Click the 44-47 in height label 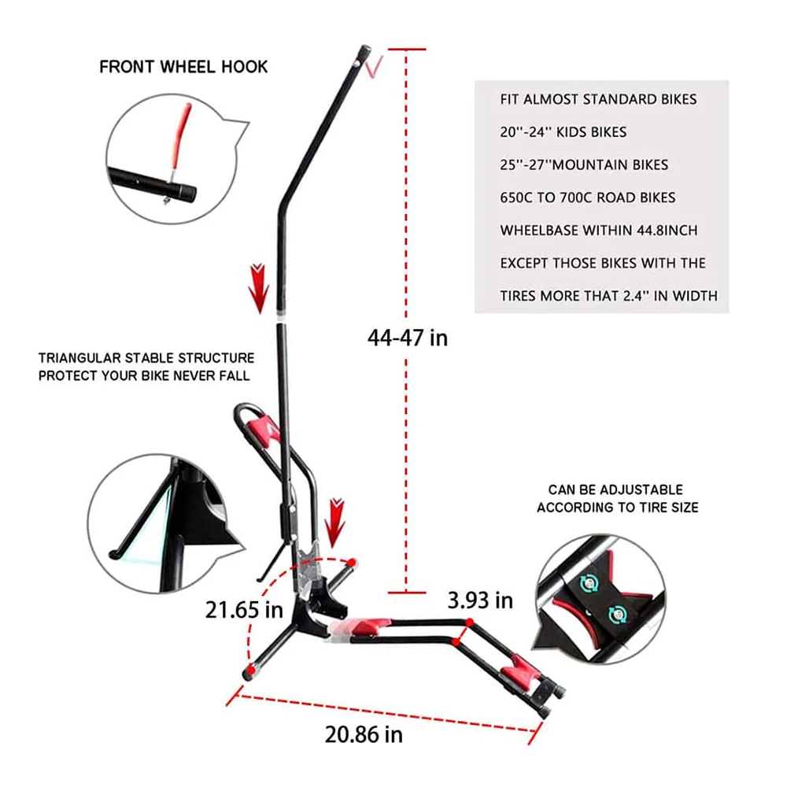coord(407,338)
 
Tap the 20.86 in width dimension coord(364,735)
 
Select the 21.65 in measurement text coord(244,609)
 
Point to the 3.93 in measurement coord(480,600)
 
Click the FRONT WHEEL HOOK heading coord(183,66)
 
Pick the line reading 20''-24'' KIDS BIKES coord(563,132)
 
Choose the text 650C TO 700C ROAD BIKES coord(587,198)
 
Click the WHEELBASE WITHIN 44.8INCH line coord(598,231)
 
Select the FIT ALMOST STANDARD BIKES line coord(598,100)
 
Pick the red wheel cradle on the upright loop coord(264,429)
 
